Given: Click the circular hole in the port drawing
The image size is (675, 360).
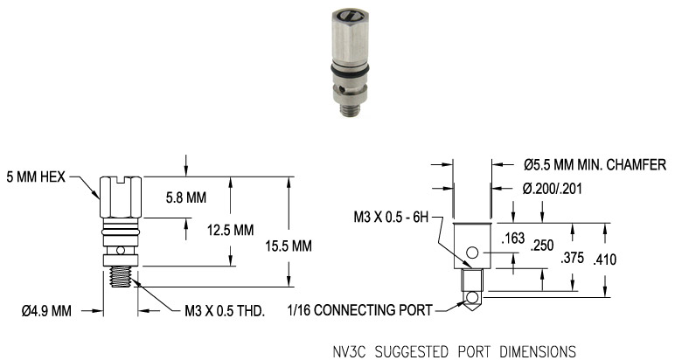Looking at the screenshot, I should (473, 253).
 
